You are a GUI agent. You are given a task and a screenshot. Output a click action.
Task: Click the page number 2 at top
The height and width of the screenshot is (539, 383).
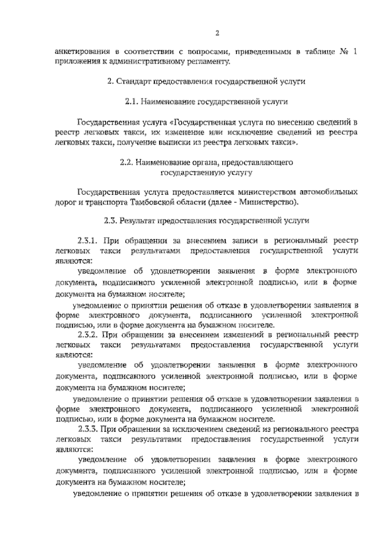pyautogui.click(x=217, y=33)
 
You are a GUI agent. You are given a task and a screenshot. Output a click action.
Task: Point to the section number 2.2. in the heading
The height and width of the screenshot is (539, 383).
pyautogui.click(x=126, y=162)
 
